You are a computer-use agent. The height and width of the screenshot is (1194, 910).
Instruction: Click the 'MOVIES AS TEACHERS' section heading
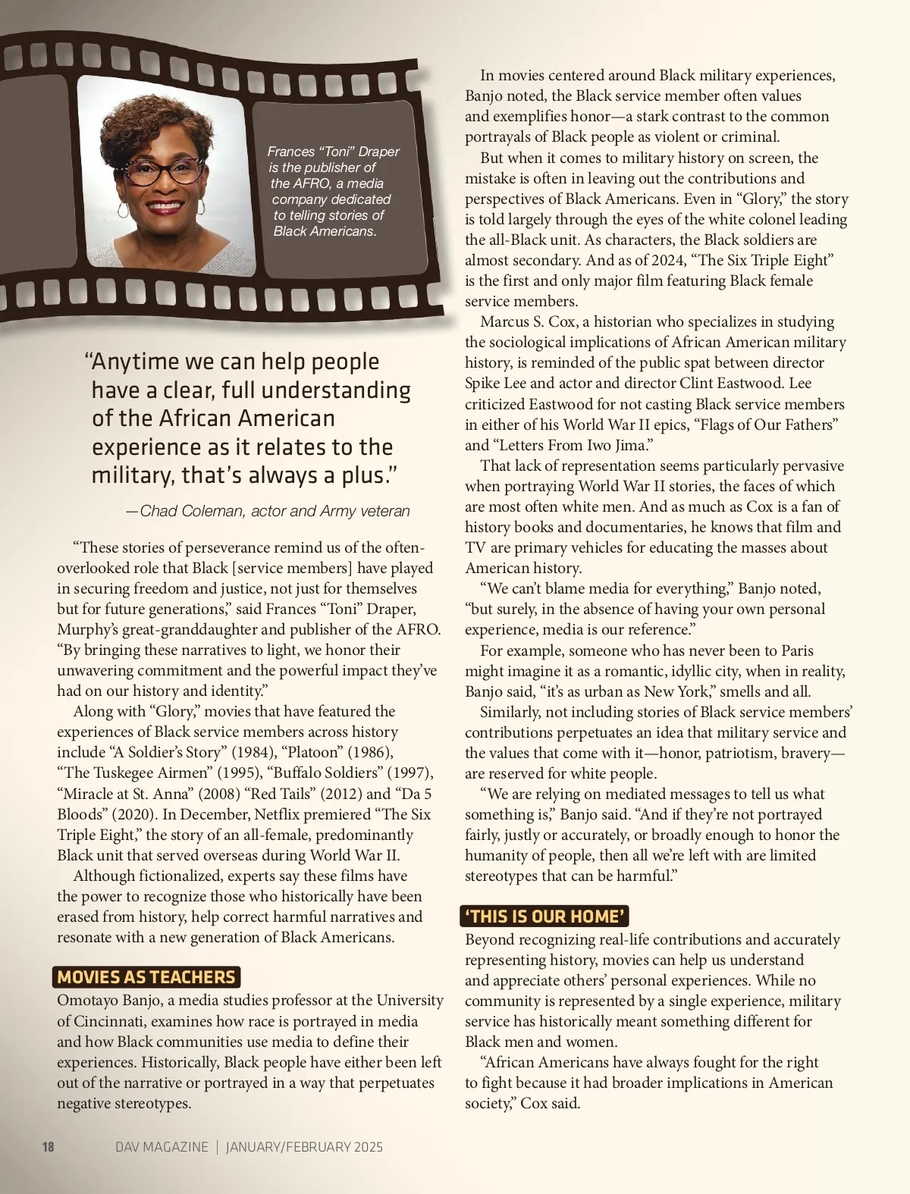pyautogui.click(x=146, y=977)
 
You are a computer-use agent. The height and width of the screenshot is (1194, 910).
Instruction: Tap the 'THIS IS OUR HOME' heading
pyautogui.click(x=544, y=916)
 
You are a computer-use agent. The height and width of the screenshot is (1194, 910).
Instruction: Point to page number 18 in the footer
pyautogui.click(x=48, y=1147)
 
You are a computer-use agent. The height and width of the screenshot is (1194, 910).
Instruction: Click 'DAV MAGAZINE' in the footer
pyautogui.click(x=162, y=1147)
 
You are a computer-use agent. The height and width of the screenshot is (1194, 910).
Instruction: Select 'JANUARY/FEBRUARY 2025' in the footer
pyautogui.click(x=304, y=1147)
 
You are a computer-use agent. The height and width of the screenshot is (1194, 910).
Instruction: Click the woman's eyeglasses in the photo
pyautogui.click(x=162, y=170)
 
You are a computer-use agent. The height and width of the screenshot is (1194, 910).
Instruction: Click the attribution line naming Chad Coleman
pyautogui.click(x=268, y=511)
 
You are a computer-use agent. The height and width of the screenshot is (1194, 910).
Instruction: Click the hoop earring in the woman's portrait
pyautogui.click(x=122, y=210)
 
